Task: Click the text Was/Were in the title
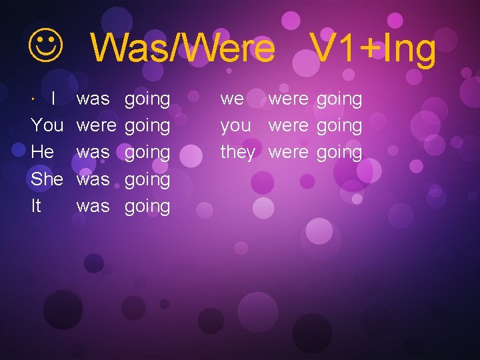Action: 182,48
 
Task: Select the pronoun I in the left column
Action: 54,99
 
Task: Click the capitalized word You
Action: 47,125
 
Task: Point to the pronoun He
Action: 43,152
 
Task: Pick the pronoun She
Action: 47,179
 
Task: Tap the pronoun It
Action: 36,205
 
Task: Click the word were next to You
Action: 96,125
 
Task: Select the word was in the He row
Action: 93,152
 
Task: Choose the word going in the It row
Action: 147,207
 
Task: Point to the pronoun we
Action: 232,99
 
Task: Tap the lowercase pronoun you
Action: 235,126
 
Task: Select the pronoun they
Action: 238,152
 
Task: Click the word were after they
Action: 288,152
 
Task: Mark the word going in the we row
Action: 339,100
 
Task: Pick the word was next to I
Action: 93,99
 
